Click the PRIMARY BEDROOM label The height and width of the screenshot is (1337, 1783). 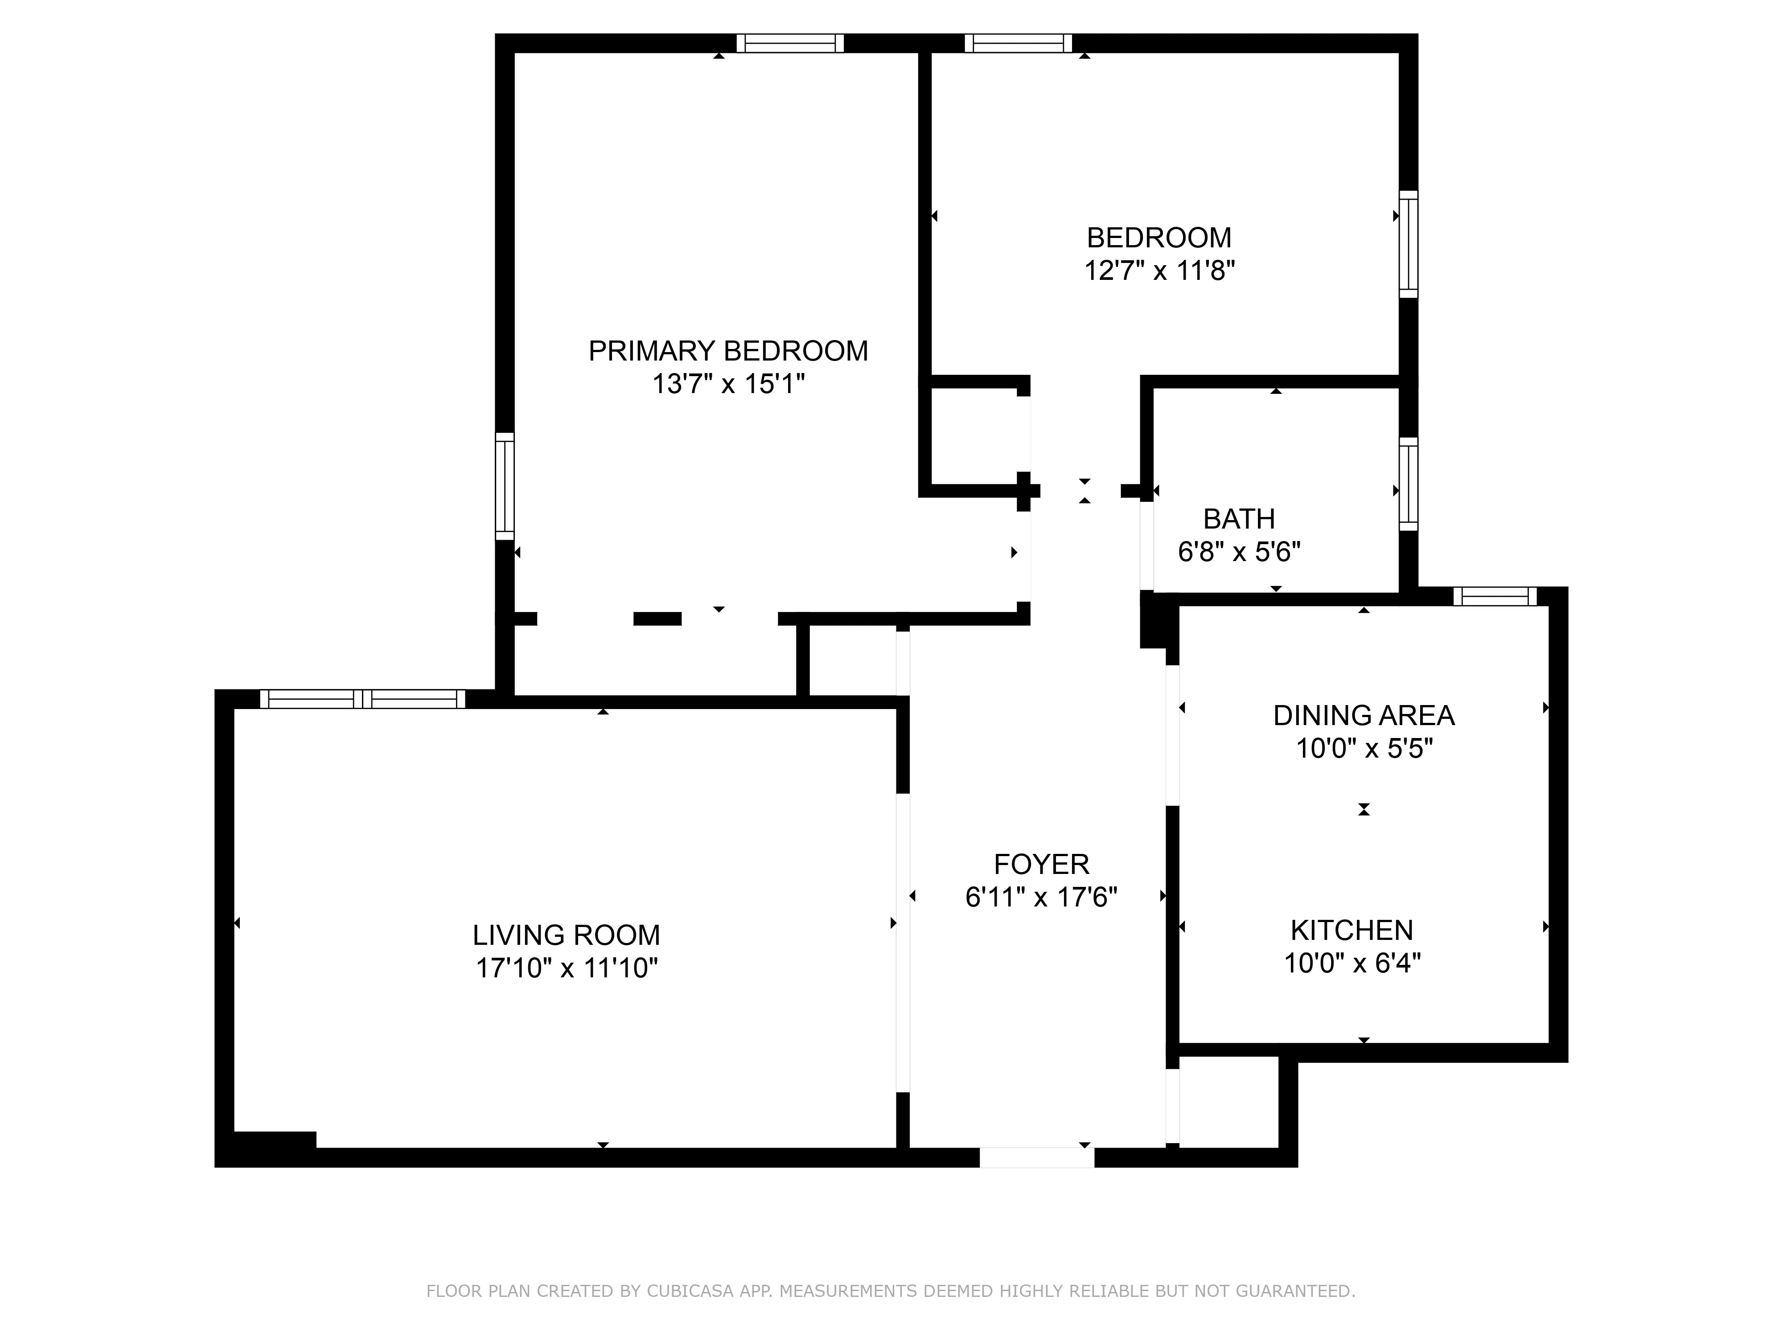tap(728, 351)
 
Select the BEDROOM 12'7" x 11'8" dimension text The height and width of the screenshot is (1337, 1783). tap(1159, 271)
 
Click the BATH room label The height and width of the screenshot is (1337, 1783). tap(1239, 519)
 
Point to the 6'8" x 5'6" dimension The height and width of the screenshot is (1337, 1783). tap(1239, 552)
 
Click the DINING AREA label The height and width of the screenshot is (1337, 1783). tap(1363, 716)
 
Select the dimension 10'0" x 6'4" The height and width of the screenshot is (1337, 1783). tap(1352, 963)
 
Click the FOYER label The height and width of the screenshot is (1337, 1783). tap(1041, 864)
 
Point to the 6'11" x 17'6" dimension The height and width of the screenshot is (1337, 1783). tap(1041, 897)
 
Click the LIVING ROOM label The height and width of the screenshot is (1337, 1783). tap(566, 935)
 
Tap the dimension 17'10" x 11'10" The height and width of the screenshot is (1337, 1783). tap(566, 968)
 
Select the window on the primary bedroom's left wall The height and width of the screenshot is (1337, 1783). tap(505, 486)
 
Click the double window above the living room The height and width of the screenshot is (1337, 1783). tap(363, 699)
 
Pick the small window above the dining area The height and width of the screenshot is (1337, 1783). tap(1495, 596)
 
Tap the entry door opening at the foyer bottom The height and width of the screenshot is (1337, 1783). tap(1036, 1157)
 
